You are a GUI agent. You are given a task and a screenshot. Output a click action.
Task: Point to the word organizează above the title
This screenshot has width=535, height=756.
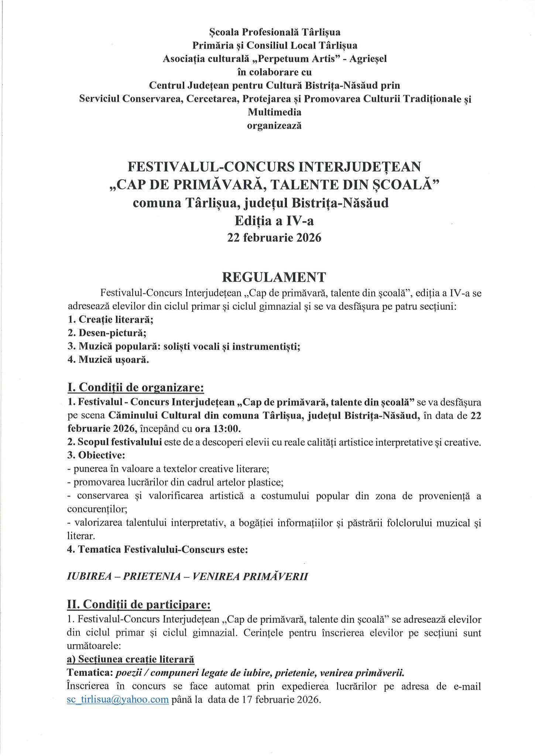pos(274,126)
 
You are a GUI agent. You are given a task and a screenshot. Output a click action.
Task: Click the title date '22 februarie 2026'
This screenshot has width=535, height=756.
pos(274,237)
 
